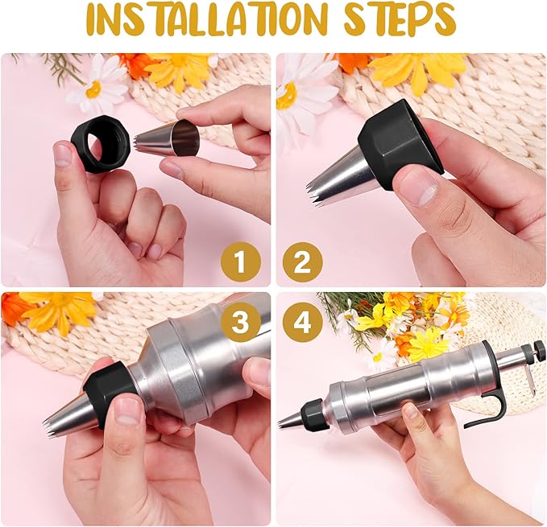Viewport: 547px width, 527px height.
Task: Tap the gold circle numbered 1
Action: tap(240, 262)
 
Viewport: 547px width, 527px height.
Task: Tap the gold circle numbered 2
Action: tap(302, 262)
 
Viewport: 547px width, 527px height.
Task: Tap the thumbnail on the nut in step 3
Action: tap(126, 410)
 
